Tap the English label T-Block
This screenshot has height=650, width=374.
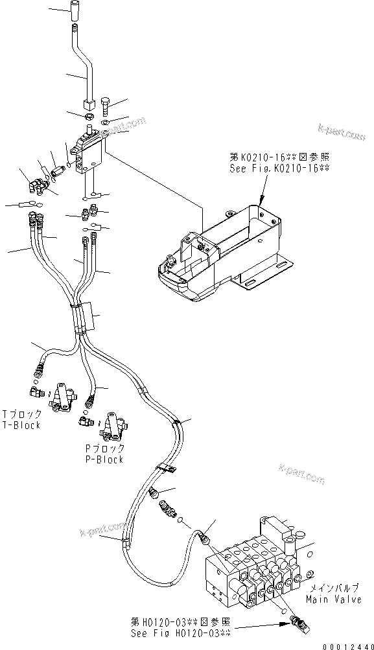[21, 424]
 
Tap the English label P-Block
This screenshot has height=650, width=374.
[103, 459]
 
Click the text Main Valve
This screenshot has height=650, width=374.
[334, 600]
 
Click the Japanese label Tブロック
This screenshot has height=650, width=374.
[21, 414]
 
